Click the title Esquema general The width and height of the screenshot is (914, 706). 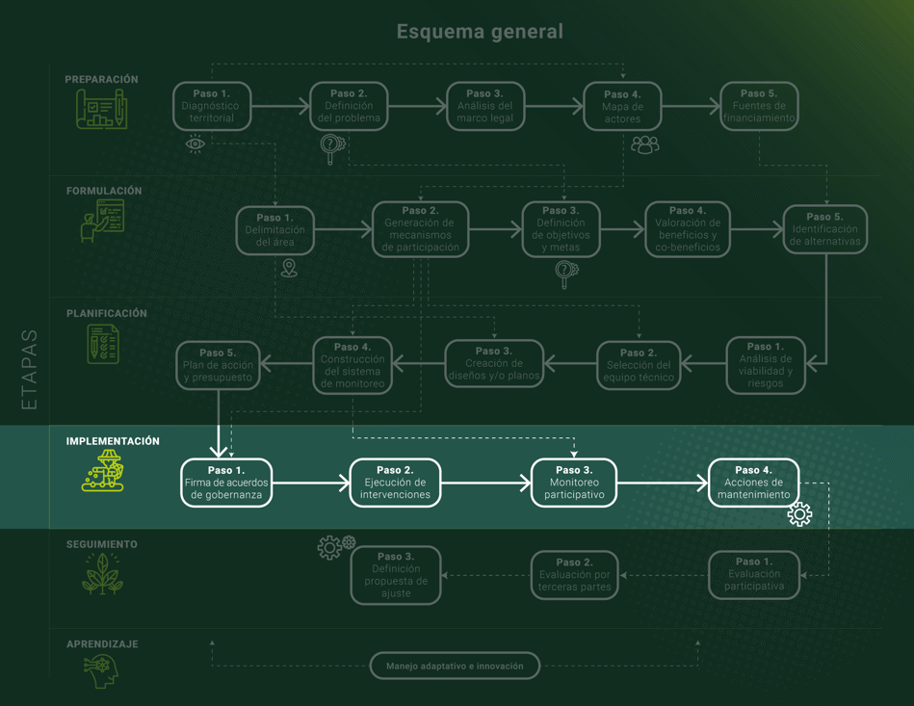pyautogui.click(x=480, y=31)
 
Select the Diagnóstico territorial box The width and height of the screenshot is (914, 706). pyautogui.click(x=212, y=106)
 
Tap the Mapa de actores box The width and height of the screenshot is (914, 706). pyautogui.click(x=622, y=106)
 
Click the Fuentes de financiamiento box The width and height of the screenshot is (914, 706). pyautogui.click(x=759, y=106)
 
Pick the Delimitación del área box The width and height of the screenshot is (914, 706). pyautogui.click(x=274, y=231)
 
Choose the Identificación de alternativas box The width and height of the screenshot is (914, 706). pyautogui.click(x=824, y=229)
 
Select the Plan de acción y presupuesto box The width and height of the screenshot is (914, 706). pyautogui.click(x=218, y=366)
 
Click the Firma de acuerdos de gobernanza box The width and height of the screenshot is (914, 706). pyautogui.click(x=226, y=483)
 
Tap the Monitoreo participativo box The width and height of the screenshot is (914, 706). pyautogui.click(x=574, y=483)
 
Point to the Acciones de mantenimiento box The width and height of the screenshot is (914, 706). pyautogui.click(x=753, y=483)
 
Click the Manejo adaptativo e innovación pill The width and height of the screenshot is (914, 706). pyautogui.click(x=455, y=666)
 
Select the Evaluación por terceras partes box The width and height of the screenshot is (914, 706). pyautogui.click(x=574, y=575)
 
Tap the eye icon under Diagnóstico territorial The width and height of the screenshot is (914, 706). pyautogui.click(x=196, y=144)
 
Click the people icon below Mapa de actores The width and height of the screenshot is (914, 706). pyautogui.click(x=645, y=144)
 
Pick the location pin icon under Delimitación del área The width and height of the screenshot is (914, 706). pyautogui.click(x=289, y=269)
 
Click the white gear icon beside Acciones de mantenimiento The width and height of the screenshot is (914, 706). pyautogui.click(x=799, y=514)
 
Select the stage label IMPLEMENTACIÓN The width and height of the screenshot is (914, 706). pyautogui.click(x=113, y=441)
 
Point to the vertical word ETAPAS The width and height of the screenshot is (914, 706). pyautogui.click(x=30, y=370)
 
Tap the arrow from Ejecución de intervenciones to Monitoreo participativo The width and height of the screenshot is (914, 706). pyautogui.click(x=486, y=483)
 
